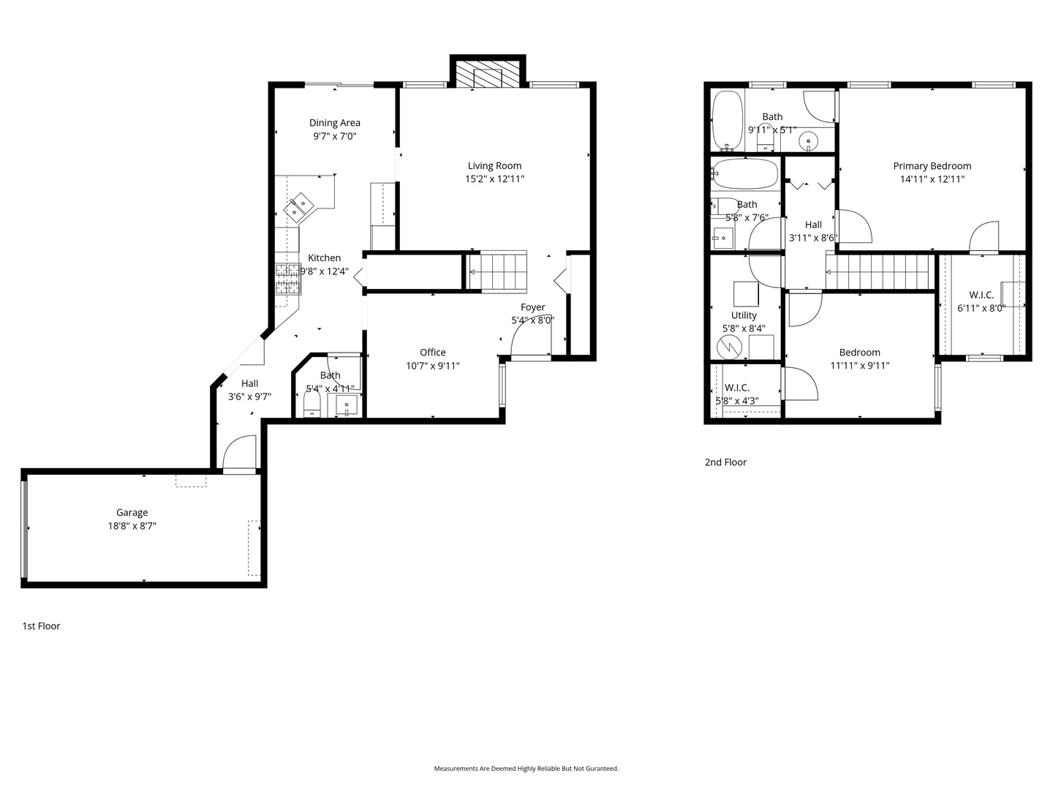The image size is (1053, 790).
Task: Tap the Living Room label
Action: [x=494, y=166]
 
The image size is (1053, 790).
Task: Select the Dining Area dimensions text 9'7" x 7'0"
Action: [x=334, y=136]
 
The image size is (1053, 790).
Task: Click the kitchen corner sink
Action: [x=299, y=207]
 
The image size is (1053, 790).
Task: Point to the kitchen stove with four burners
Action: [x=287, y=279]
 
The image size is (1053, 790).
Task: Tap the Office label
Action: [x=432, y=353]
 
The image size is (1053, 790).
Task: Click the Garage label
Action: [x=132, y=513]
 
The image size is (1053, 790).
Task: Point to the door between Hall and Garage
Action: [x=239, y=454]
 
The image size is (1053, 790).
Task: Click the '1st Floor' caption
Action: [x=41, y=626]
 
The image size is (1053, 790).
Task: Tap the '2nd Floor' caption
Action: [x=725, y=462]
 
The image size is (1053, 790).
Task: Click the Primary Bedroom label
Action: [x=932, y=166]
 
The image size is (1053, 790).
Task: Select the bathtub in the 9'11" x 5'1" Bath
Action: [x=728, y=120]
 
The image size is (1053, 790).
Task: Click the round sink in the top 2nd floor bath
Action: [x=808, y=140]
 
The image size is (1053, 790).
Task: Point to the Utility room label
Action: [x=744, y=315]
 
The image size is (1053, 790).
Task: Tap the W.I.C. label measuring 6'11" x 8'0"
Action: [x=981, y=296]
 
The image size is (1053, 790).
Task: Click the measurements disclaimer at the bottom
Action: [x=526, y=769]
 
